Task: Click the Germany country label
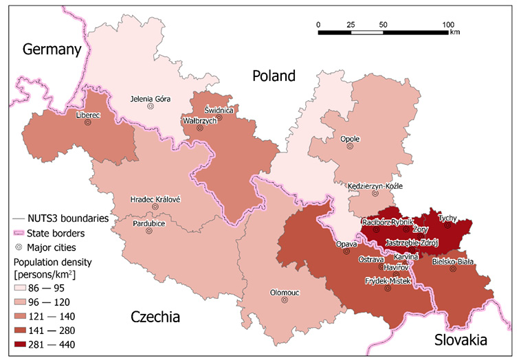(52, 49)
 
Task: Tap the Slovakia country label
(460, 340)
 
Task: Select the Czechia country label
(155, 317)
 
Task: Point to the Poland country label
(273, 76)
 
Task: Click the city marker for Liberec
(87, 123)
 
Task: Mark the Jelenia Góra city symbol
(150, 106)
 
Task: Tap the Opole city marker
(350, 146)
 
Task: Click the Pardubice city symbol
(149, 231)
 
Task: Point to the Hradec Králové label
(155, 199)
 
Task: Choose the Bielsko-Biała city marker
(452, 269)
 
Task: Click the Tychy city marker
(447, 224)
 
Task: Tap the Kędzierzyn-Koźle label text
(375, 186)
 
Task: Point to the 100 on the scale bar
(448, 25)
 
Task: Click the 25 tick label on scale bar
(351, 25)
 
